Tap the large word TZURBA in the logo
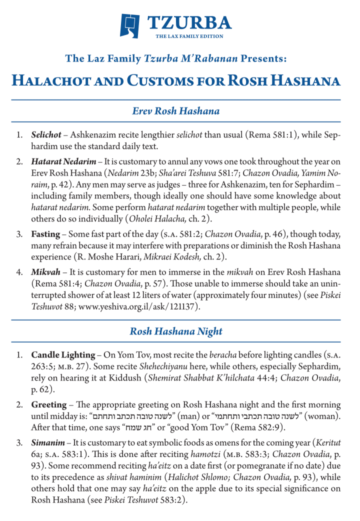[x=189, y=22]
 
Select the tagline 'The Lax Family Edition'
[x=189, y=36]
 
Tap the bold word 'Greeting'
[x=49, y=404]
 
